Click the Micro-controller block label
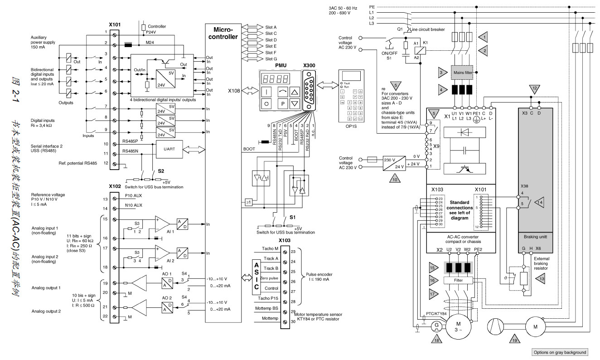[222, 33]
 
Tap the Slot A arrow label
[271, 27]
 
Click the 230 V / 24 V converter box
[393, 164]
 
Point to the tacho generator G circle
[436, 325]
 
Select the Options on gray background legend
[560, 352]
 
